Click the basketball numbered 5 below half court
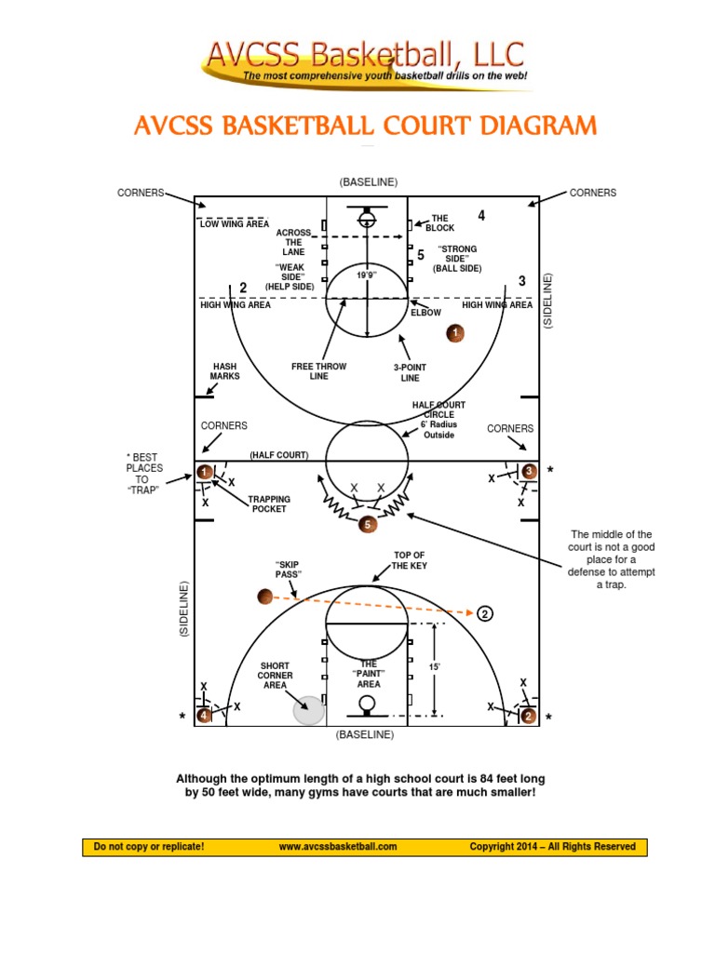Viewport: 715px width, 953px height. pos(368,525)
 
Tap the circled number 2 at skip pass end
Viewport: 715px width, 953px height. pos(485,613)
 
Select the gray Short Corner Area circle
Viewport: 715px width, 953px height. pos(308,710)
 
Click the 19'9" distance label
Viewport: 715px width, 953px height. pos(369,276)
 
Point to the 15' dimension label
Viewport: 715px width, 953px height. pos(434,667)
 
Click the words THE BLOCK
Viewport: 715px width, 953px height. pos(439,223)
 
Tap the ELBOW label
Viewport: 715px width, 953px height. pos(426,313)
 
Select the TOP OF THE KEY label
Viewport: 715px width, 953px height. pos(409,560)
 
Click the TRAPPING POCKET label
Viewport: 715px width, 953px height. pos(269,504)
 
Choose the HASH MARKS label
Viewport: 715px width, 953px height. pos(226,371)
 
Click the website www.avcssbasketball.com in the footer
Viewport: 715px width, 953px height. pos(338,847)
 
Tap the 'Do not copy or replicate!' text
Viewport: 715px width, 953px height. pos(149,847)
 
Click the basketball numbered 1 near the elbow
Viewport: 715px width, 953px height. pos(455,332)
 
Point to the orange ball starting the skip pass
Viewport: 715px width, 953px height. pos(264,597)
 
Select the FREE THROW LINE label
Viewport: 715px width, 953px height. pos(318,372)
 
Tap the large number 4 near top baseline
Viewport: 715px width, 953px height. pos(481,216)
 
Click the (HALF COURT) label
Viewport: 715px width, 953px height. pos(278,455)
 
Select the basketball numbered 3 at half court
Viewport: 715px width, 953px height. pos(529,471)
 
